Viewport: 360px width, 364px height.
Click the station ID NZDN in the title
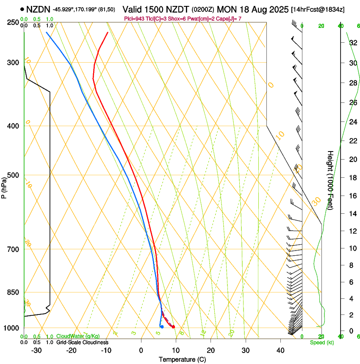[x=38, y=9]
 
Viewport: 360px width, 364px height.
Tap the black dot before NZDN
[x=22, y=9]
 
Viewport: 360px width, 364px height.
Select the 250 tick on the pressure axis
[x=12, y=22]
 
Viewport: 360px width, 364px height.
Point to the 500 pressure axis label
[x=12, y=175]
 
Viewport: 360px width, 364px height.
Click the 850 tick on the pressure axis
[x=12, y=292]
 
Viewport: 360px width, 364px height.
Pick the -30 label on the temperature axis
[x=36, y=350]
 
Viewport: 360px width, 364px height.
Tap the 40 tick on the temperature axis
[x=280, y=350]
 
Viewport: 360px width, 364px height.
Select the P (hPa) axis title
[x=4, y=186]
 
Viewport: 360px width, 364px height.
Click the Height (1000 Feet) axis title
[x=330, y=180]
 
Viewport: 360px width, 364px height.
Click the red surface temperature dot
[x=173, y=326]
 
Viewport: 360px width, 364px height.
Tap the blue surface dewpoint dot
[x=162, y=326]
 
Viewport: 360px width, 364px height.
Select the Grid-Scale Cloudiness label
[x=82, y=342]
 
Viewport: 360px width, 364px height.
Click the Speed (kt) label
[x=322, y=342]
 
